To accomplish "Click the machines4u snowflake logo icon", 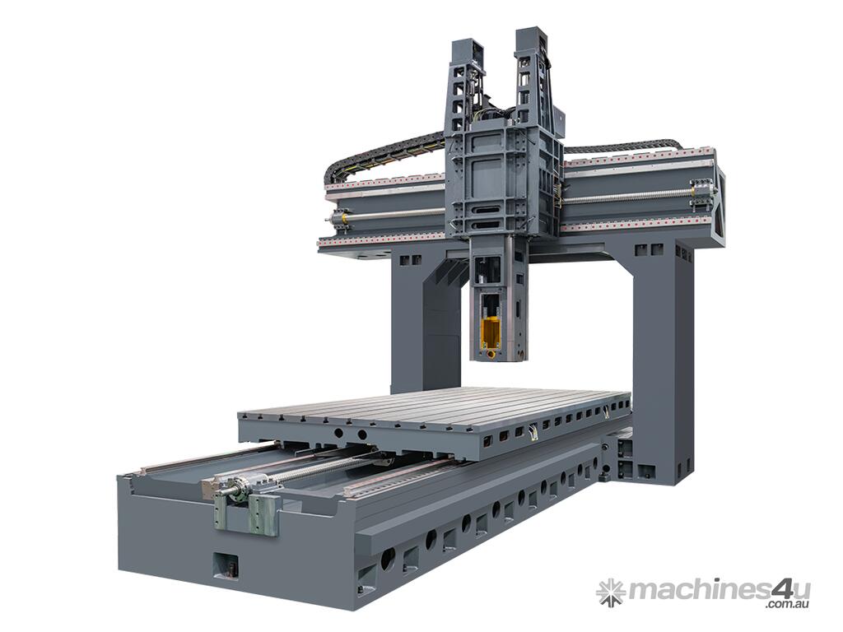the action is click(x=612, y=592).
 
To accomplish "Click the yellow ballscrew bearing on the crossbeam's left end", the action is click(x=339, y=218).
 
